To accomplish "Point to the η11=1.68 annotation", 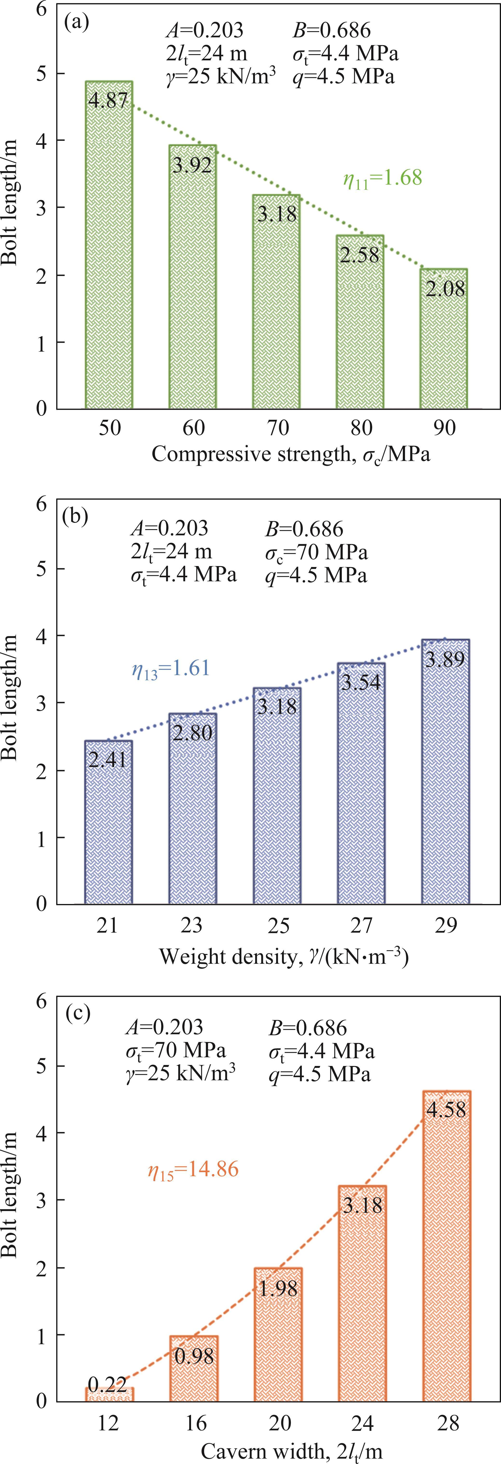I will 382,178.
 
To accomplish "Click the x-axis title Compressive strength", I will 290,455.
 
